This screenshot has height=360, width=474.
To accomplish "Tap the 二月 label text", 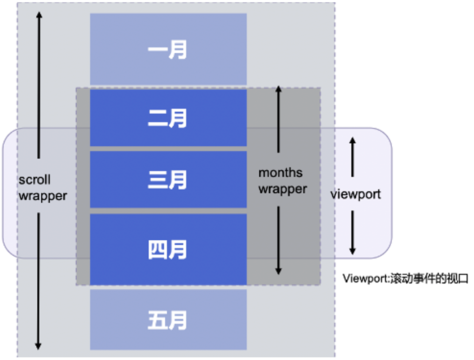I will tap(167, 118).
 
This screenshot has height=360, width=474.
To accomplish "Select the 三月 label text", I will tap(167, 180).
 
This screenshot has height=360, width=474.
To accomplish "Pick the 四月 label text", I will tap(167, 250).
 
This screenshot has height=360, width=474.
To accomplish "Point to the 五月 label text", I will tap(167, 320).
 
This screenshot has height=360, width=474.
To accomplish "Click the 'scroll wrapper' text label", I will tap(43, 188).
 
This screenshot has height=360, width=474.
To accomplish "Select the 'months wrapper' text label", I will tap(283, 181).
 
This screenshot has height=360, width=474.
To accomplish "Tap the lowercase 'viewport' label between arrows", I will tap(356, 194).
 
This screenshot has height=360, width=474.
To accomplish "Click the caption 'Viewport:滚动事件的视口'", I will tap(405, 278).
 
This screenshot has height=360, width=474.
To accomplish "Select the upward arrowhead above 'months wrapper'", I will tap(278, 89).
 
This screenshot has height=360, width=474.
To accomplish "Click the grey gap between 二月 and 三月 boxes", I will tap(168, 149).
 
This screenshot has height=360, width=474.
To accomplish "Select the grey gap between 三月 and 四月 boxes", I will tap(168, 211).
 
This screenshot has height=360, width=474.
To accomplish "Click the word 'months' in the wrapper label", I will tap(280, 172).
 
